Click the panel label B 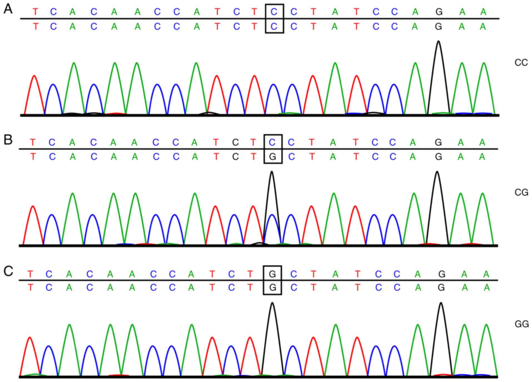8,140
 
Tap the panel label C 8,271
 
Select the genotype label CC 521,63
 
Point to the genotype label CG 521,192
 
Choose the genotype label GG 521,324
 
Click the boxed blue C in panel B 272,143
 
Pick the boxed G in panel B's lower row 273,157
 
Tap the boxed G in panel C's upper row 272,274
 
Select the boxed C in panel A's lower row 274,27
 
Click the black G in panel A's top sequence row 439,12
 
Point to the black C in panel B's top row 235,143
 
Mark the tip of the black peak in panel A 439,41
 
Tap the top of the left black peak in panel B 272,172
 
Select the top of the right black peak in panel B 437,172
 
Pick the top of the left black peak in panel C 272,303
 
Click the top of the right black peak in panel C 441,303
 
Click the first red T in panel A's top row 35,12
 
